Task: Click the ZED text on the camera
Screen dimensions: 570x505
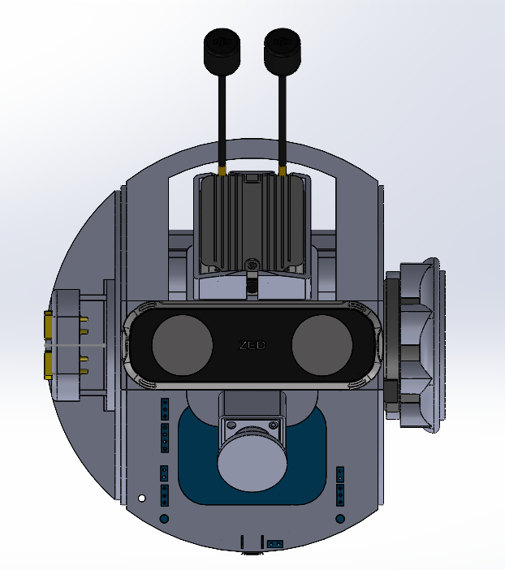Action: coord(252,345)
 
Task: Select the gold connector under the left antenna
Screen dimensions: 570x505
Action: coord(221,171)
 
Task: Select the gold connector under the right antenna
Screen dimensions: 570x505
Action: coord(282,171)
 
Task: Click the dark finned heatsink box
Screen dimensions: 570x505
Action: coord(251,221)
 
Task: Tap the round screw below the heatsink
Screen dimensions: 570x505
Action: coord(252,265)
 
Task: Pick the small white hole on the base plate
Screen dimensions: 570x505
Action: coord(141,498)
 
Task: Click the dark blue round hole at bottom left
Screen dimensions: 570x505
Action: coord(164,518)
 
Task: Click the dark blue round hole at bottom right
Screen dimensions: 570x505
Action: coord(339,518)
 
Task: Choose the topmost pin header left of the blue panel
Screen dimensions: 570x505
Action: coord(164,407)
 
